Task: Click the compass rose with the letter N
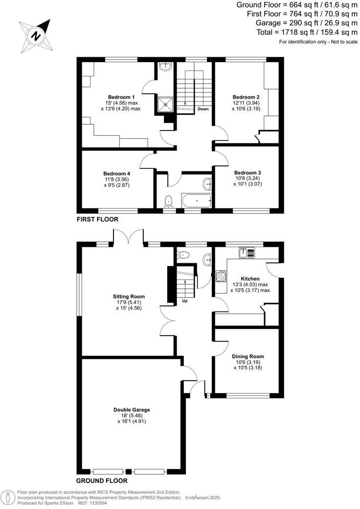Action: (35, 35)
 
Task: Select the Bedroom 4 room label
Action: (116, 173)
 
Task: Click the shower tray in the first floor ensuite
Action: (165, 103)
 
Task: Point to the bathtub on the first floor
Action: (197, 201)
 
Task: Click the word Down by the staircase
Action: (203, 109)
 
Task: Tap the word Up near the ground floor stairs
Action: (185, 301)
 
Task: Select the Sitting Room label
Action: (129, 297)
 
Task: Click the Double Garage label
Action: (132, 410)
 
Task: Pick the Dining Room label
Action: (248, 356)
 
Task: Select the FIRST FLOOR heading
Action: (97, 220)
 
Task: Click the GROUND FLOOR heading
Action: (102, 481)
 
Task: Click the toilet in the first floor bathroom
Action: (169, 201)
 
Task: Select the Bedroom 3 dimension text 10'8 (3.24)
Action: (247, 179)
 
